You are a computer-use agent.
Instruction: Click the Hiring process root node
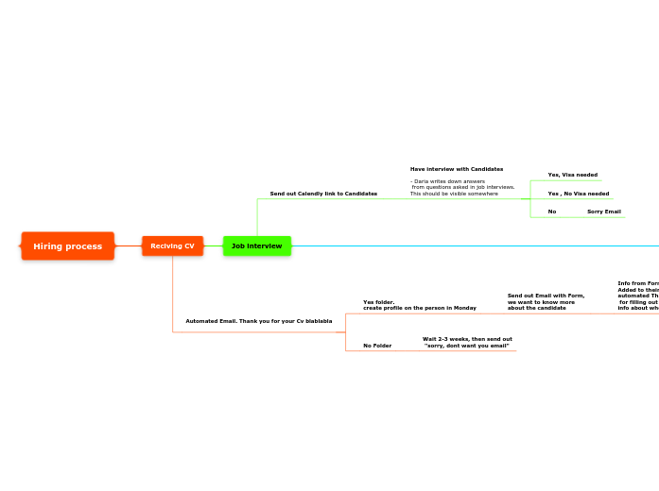(67, 246)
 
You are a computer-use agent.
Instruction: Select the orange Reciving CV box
(172, 246)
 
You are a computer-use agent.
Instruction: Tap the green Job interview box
(256, 246)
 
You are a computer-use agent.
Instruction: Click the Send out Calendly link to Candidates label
(323, 194)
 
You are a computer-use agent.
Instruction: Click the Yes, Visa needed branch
(572, 175)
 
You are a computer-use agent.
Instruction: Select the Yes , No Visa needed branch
(578, 194)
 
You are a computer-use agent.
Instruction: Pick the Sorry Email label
(603, 212)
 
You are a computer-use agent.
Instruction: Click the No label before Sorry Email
(551, 212)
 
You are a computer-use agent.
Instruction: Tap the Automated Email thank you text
(258, 321)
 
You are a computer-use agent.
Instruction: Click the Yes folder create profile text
(419, 305)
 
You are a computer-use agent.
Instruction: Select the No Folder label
(376, 346)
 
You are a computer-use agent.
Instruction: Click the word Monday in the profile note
(464, 308)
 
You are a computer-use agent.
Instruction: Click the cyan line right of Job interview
(473, 246)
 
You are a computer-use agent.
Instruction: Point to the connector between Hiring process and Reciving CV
(128, 246)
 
